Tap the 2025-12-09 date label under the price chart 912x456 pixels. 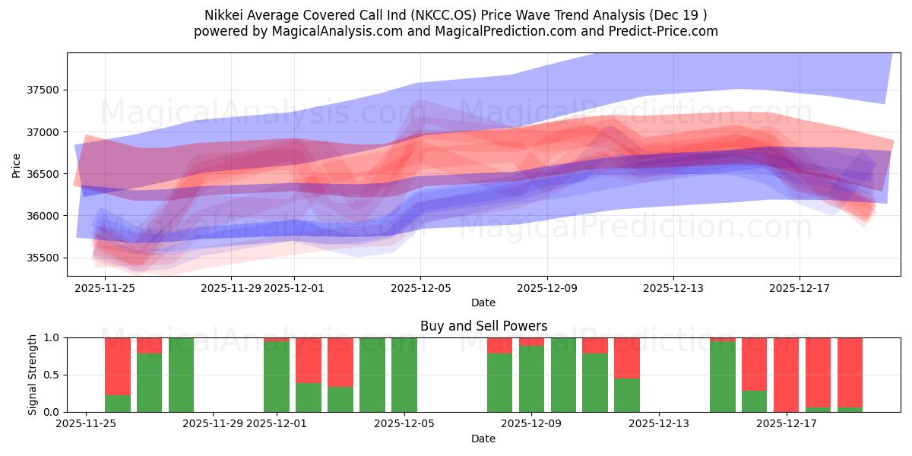click(x=546, y=288)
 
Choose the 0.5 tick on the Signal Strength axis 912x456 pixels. click(x=52, y=375)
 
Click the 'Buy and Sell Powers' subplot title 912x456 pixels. click(x=483, y=326)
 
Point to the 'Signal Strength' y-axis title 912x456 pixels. click(x=33, y=375)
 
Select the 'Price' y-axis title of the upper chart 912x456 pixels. click(x=17, y=165)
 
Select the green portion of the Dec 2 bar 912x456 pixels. click(x=309, y=397)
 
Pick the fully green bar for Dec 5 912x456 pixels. click(x=404, y=375)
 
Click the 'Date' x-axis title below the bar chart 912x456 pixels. click(x=483, y=439)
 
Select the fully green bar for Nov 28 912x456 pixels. click(x=181, y=375)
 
